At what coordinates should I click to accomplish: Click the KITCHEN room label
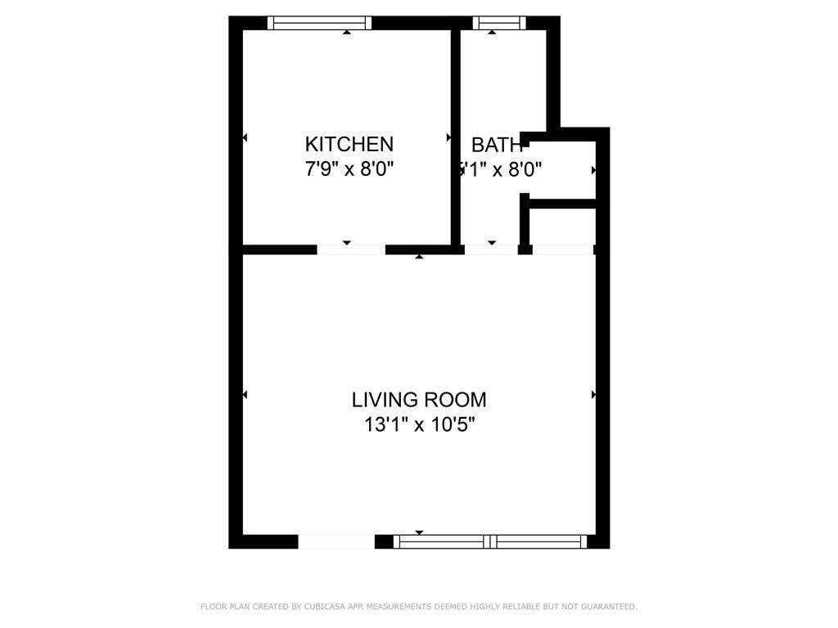[x=349, y=145]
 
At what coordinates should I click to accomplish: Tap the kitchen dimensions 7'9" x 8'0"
[x=349, y=169]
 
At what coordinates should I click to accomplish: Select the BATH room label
[x=497, y=146]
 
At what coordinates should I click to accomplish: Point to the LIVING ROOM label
[x=419, y=400]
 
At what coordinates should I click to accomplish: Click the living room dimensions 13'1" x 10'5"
[x=419, y=424]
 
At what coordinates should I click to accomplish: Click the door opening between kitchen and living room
[x=351, y=249]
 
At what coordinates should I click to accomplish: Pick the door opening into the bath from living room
[x=491, y=249]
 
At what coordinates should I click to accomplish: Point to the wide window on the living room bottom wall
[x=490, y=541]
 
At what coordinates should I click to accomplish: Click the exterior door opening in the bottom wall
[x=336, y=541]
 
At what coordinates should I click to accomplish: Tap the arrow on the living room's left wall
[x=245, y=395]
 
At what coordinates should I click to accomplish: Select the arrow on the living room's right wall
[x=593, y=395]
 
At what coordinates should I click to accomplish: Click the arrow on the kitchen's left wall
[x=245, y=138]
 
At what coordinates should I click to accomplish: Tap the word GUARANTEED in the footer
[x=607, y=607]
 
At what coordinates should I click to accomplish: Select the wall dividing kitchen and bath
[x=456, y=139]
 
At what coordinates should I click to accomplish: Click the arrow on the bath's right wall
[x=593, y=171]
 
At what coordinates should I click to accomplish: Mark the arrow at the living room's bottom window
[x=420, y=532]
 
